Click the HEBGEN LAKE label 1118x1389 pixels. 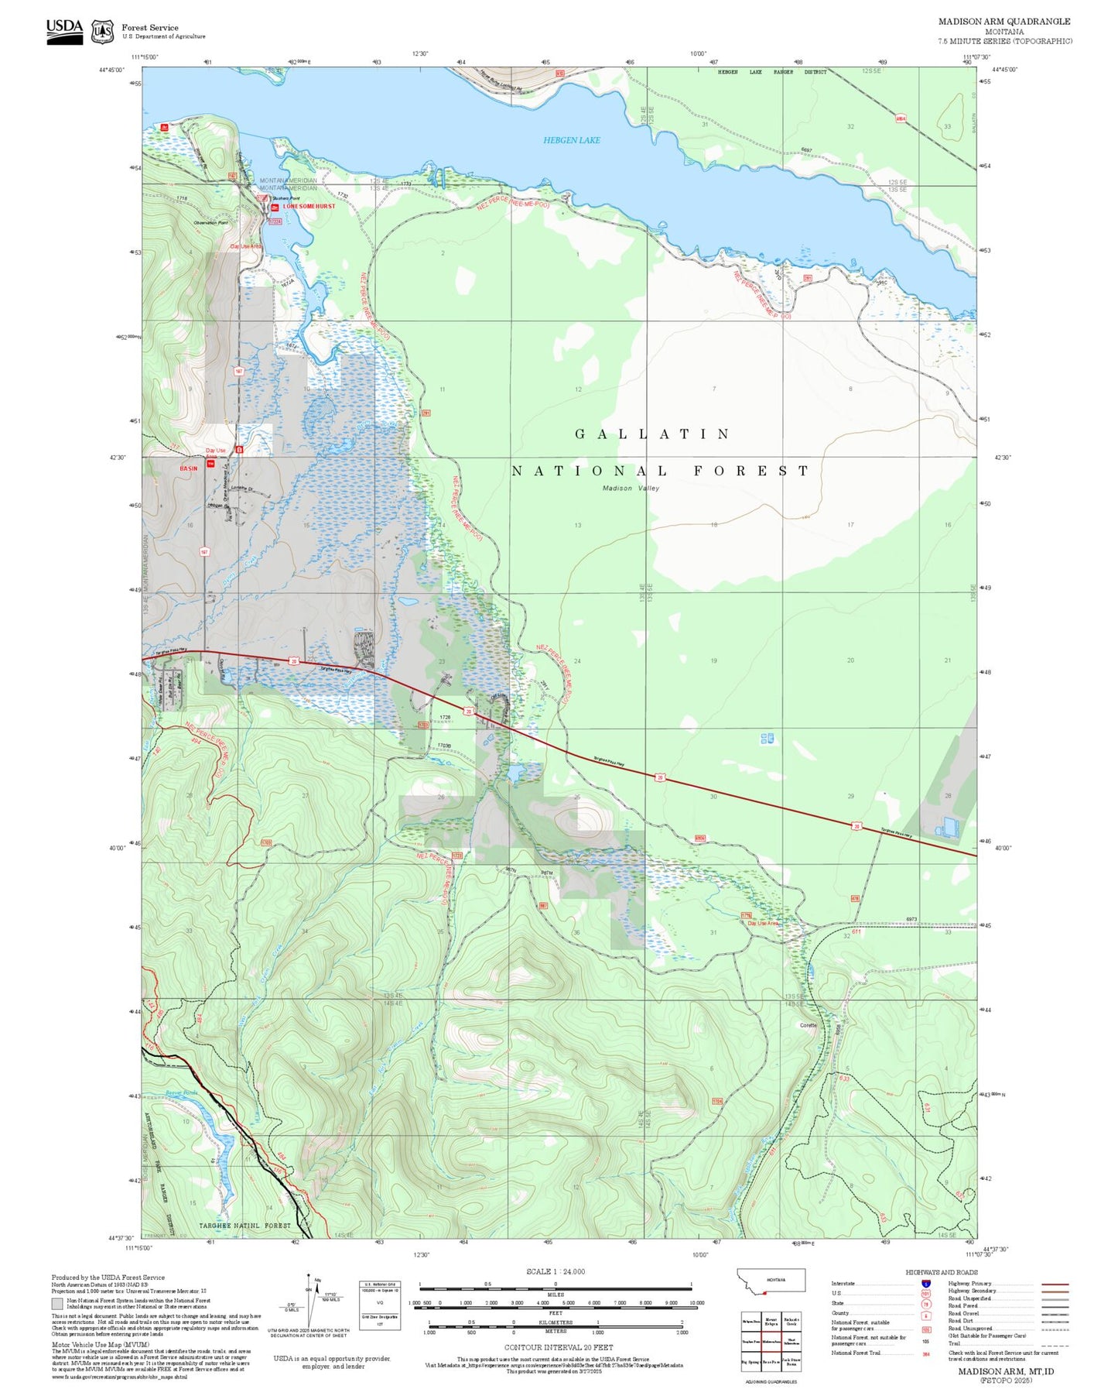571,140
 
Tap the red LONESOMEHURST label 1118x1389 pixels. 309,207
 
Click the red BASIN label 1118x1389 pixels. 188,468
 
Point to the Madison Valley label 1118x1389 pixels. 631,489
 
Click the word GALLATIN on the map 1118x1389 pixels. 652,434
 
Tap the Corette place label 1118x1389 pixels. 808,1025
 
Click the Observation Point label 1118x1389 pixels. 210,223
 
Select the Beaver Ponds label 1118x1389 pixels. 182,1093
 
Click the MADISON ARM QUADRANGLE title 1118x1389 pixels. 1004,22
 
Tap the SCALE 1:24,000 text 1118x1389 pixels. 555,1271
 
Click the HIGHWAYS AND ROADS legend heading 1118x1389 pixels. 941,1272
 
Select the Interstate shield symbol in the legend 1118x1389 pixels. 925,1284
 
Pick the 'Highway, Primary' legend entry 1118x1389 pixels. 970,1284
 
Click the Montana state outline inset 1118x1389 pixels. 771,1281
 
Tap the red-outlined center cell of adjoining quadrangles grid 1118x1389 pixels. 771,1340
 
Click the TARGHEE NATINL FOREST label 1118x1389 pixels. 244,1226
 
